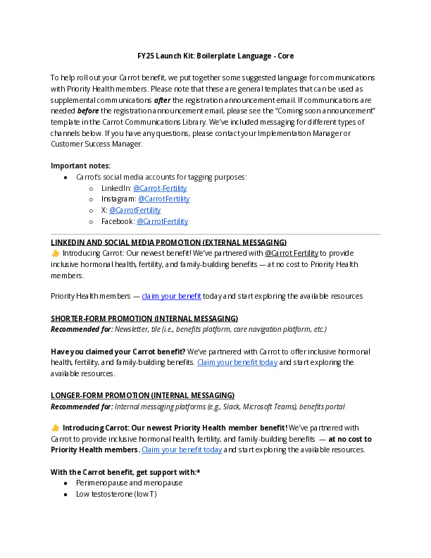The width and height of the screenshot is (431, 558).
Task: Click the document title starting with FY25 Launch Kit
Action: pos(216,56)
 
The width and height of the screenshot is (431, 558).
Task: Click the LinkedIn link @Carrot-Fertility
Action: pos(160,188)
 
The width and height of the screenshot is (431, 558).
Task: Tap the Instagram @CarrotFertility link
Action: pos(163,199)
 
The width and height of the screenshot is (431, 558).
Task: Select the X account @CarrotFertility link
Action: pos(135,210)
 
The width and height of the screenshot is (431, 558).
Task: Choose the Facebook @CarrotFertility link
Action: pos(162,221)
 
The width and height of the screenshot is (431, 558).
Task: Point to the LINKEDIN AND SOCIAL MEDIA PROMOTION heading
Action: pos(168,242)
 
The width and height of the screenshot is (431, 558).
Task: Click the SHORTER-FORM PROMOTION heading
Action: pos(144,318)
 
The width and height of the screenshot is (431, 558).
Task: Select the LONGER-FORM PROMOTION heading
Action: pos(142,395)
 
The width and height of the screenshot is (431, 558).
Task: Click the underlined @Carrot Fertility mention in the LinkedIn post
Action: pos(291,253)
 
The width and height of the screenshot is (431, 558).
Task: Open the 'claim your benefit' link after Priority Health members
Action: pos(171,297)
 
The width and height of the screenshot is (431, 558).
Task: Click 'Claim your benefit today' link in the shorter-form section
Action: pos(237,362)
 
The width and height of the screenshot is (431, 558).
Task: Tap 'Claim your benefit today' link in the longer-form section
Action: pos(182,449)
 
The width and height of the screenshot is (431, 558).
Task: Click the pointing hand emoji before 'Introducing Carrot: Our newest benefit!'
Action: pos(56,253)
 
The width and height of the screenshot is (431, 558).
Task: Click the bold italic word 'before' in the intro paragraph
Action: pos(88,111)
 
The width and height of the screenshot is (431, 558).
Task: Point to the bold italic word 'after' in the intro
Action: pos(163,100)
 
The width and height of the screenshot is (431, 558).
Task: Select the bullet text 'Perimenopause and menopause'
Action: pos(129,483)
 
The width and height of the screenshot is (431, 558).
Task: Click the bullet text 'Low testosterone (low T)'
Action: pos(115,495)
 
